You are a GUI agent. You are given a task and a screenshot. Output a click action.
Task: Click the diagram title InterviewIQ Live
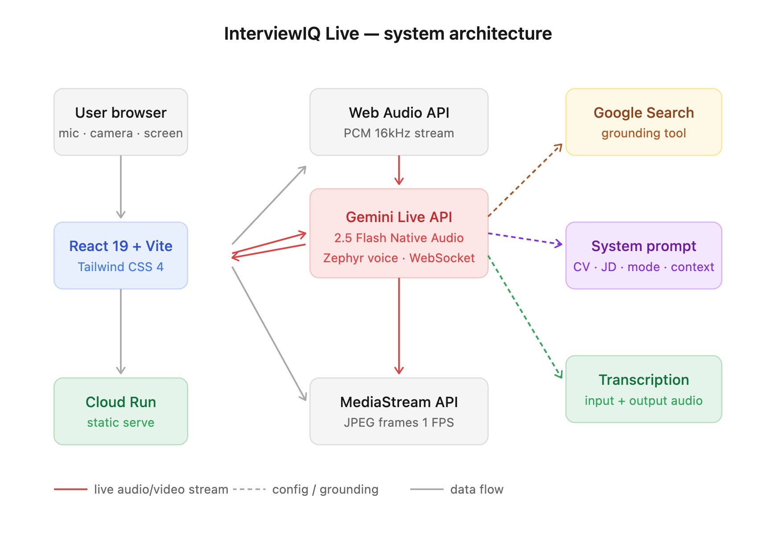click(x=387, y=34)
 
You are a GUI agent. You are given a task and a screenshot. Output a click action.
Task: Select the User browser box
click(x=121, y=122)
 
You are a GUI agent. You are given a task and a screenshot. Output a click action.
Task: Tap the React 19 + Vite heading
click(x=121, y=246)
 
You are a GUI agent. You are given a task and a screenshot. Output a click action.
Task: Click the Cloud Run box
click(x=121, y=411)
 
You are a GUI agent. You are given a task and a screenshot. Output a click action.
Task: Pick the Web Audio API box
click(x=399, y=122)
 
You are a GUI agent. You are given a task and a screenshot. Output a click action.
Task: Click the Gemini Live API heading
click(x=399, y=217)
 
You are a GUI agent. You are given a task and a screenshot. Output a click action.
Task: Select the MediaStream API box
click(x=399, y=411)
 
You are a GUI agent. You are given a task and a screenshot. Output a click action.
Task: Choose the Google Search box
click(x=643, y=122)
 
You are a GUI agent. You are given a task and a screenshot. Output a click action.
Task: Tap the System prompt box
click(x=643, y=256)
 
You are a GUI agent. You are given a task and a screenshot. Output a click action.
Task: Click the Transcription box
click(x=643, y=389)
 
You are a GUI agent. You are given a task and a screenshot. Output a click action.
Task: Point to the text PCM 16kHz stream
click(x=399, y=133)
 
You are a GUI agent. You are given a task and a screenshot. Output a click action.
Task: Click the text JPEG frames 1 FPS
click(x=399, y=423)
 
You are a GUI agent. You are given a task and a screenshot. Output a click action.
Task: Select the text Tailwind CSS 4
click(x=121, y=267)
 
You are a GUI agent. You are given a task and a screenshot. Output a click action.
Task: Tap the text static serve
click(x=121, y=423)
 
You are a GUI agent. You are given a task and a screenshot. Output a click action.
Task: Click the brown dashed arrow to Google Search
click(x=525, y=180)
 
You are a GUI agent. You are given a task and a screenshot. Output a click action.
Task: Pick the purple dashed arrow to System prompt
click(x=525, y=239)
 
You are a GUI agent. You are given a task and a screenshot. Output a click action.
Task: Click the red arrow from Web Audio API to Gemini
click(x=399, y=170)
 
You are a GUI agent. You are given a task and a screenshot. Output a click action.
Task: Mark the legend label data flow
click(x=477, y=490)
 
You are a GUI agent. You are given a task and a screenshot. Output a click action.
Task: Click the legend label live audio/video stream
click(x=161, y=490)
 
